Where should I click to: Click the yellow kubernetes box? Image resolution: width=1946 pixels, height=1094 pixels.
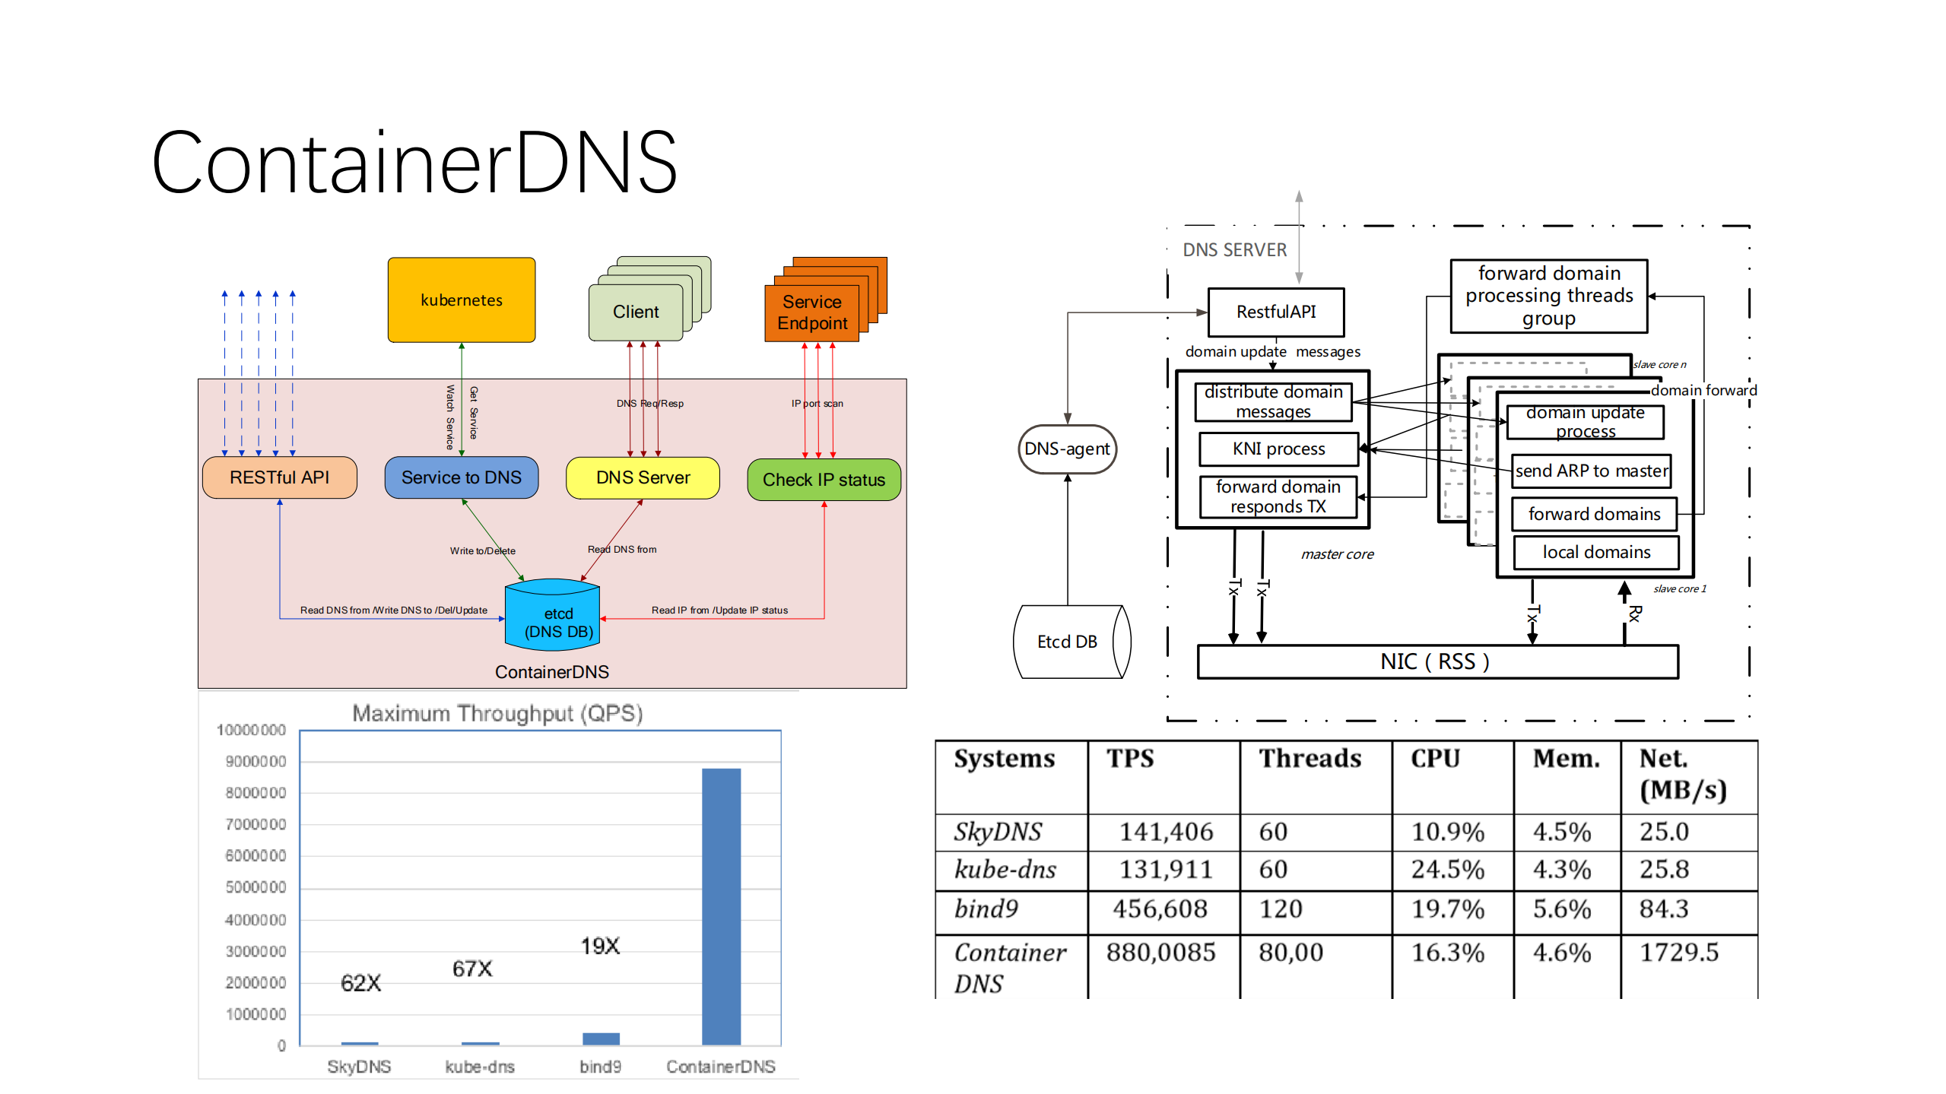pos(461,300)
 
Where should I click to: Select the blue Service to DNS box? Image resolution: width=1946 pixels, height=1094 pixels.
pos(461,477)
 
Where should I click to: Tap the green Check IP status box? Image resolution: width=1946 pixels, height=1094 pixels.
pos(824,480)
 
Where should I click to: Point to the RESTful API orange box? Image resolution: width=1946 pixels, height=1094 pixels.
pos(279,477)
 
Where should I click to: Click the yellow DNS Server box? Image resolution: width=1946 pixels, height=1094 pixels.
pos(643,477)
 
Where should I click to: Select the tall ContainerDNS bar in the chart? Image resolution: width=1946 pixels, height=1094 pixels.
pos(721,905)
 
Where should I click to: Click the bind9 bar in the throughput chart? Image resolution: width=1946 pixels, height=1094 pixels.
pos(601,1038)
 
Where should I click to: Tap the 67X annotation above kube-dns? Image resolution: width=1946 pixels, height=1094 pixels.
pos(472,969)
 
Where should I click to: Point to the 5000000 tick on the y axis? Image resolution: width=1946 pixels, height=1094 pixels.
pos(256,887)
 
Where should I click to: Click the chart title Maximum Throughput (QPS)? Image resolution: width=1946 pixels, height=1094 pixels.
pos(497,713)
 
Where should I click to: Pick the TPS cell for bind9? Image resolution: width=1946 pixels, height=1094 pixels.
pos(1160,909)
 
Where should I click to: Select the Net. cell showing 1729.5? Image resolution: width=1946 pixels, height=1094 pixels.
pos(1678,953)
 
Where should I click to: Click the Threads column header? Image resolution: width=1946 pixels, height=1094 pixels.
pos(1310,759)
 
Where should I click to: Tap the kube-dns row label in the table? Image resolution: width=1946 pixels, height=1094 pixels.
pos(1005,870)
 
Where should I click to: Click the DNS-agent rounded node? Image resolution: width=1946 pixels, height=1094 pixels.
pos(1067,449)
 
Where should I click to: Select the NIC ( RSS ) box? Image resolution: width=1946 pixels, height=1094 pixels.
pos(1436,661)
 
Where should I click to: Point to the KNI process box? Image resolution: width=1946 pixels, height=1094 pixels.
pos(1278,449)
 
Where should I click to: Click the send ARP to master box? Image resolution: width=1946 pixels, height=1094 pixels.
pos(1592,471)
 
